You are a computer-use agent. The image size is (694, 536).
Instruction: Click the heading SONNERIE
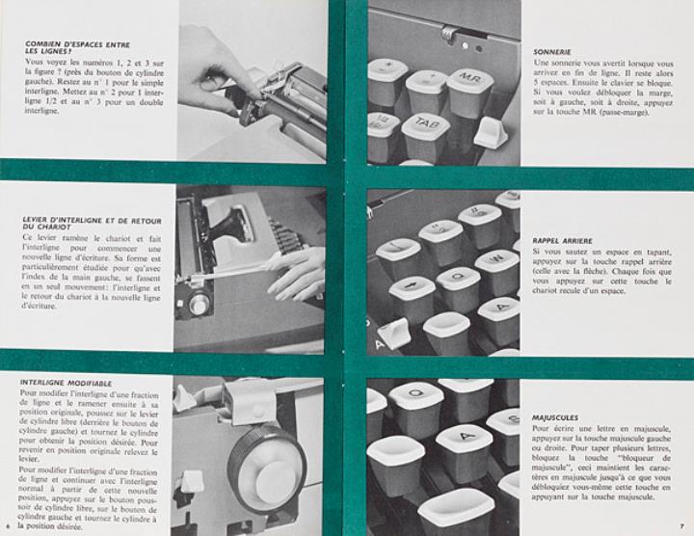pos(552,52)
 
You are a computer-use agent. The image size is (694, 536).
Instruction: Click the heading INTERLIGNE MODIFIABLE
pos(66,384)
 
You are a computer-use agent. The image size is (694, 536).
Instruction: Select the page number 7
pos(681,525)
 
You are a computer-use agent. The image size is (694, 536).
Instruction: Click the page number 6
pos(8,525)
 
